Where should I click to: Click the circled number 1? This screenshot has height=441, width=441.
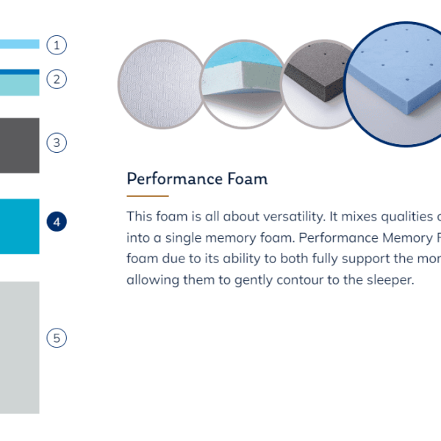57,45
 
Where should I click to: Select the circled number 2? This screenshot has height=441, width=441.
57,79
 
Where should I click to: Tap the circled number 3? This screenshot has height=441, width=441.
57,143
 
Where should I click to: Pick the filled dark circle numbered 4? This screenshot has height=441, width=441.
57,222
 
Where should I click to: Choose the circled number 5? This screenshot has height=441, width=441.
57,338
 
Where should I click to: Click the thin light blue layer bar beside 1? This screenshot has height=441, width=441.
20,44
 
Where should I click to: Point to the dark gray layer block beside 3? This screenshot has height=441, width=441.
20,146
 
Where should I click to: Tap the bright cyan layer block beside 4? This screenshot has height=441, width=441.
20,226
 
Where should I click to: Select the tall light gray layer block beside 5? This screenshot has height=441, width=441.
20,348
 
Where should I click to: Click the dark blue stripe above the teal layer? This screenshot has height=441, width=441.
20,72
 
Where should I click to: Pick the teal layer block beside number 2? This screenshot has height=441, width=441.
20,85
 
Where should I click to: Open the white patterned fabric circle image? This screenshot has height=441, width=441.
161,85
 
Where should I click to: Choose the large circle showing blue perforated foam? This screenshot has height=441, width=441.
394,85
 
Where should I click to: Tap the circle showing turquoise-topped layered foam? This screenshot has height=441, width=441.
243,85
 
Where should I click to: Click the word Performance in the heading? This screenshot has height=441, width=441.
175,179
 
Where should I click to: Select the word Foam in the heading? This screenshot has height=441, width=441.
248,179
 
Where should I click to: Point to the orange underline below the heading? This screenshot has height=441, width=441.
148,196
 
